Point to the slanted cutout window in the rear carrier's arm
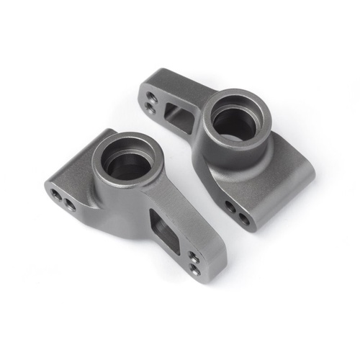(176, 115)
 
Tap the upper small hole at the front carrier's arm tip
(194, 256)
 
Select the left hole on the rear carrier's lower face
(230, 207)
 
